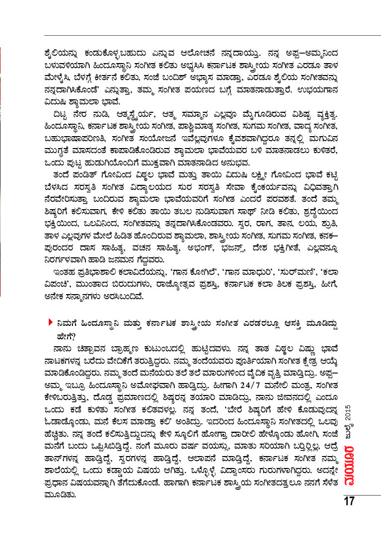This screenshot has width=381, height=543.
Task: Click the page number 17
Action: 349,501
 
